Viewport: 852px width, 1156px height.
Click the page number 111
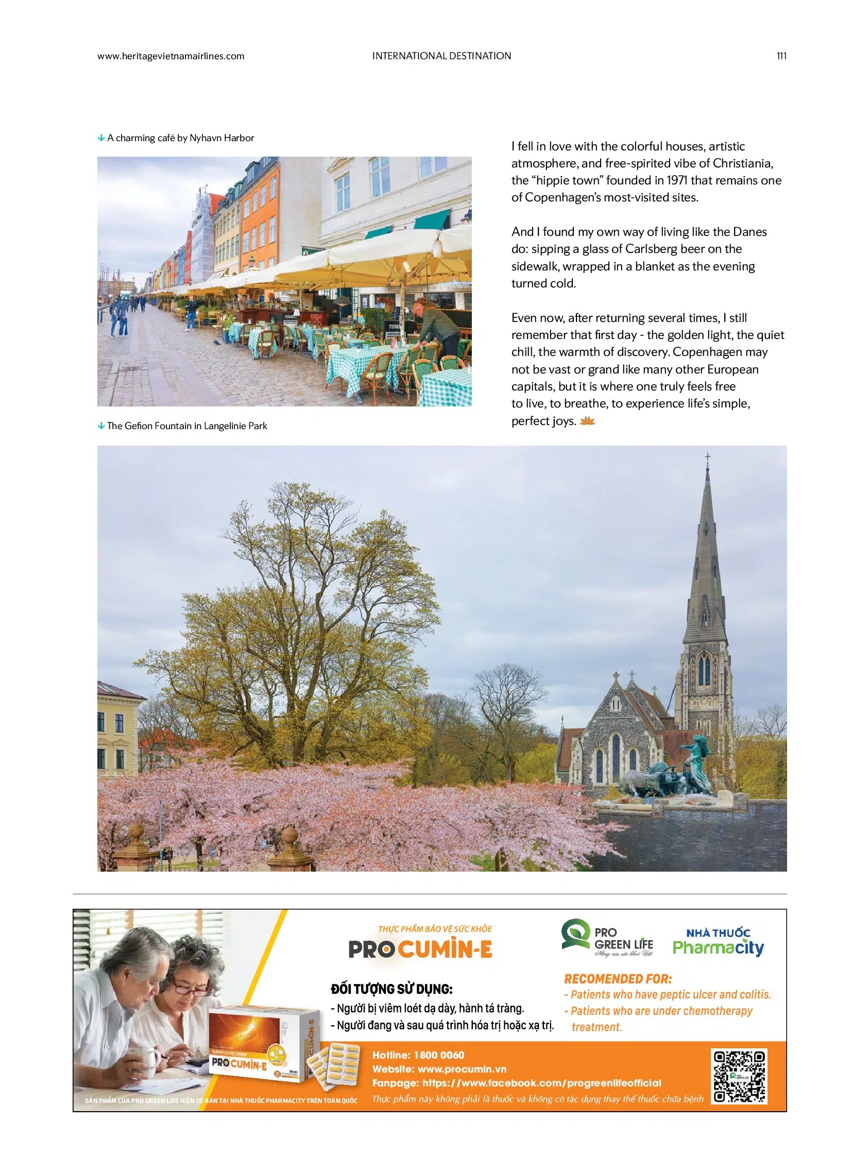(781, 56)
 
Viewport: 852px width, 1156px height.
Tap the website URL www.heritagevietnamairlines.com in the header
(171, 56)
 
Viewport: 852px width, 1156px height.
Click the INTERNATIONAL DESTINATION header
(441, 56)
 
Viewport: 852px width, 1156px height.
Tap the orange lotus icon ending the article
(587, 421)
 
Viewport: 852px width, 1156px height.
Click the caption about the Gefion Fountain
(186, 426)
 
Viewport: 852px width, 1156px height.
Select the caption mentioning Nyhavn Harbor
(180, 138)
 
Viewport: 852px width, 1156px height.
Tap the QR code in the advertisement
(739, 1076)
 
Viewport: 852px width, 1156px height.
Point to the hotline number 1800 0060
(439, 1056)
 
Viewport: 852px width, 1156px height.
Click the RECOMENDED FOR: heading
(617, 979)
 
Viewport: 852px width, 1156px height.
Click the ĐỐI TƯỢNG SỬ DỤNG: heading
(391, 989)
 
